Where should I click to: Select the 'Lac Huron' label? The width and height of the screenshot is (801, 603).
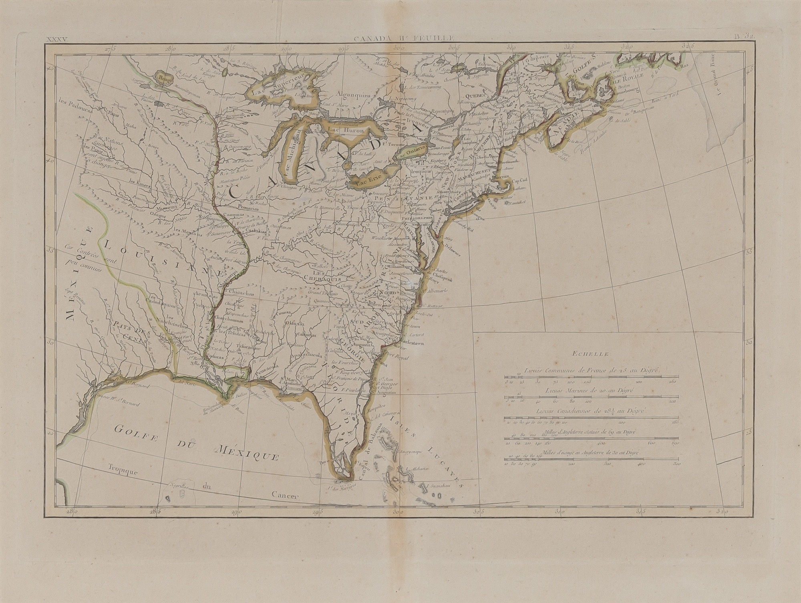(346, 130)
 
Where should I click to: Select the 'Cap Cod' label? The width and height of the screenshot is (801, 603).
(521, 180)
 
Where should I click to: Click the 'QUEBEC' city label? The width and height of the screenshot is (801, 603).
(475, 96)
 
